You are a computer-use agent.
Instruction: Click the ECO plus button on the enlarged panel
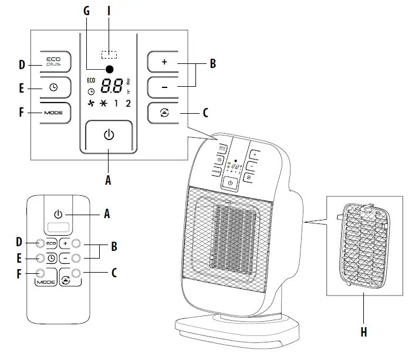pyautogui.click(x=54, y=62)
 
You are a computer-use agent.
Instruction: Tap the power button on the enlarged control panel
pyautogui.click(x=108, y=135)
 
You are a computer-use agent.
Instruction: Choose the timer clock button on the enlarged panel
pyautogui.click(x=54, y=87)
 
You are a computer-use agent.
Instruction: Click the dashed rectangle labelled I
pyautogui.click(x=109, y=55)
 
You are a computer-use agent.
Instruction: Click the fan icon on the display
pyautogui.click(x=90, y=104)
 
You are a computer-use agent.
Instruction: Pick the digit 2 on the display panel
pyautogui.click(x=128, y=104)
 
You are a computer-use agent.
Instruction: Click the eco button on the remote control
pyautogui.click(x=50, y=243)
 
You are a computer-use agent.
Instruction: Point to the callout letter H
pyautogui.click(x=363, y=332)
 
